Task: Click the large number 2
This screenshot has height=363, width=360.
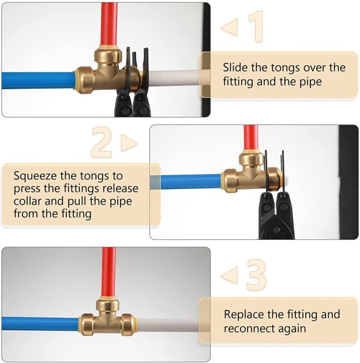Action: point(102,142)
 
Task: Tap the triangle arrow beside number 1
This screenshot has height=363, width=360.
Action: point(229,27)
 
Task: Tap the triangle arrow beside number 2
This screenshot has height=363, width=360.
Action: point(129,143)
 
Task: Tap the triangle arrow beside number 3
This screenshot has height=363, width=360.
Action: point(229,275)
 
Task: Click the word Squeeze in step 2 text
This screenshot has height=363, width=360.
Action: point(36,175)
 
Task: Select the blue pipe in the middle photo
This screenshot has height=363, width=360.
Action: point(190,182)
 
